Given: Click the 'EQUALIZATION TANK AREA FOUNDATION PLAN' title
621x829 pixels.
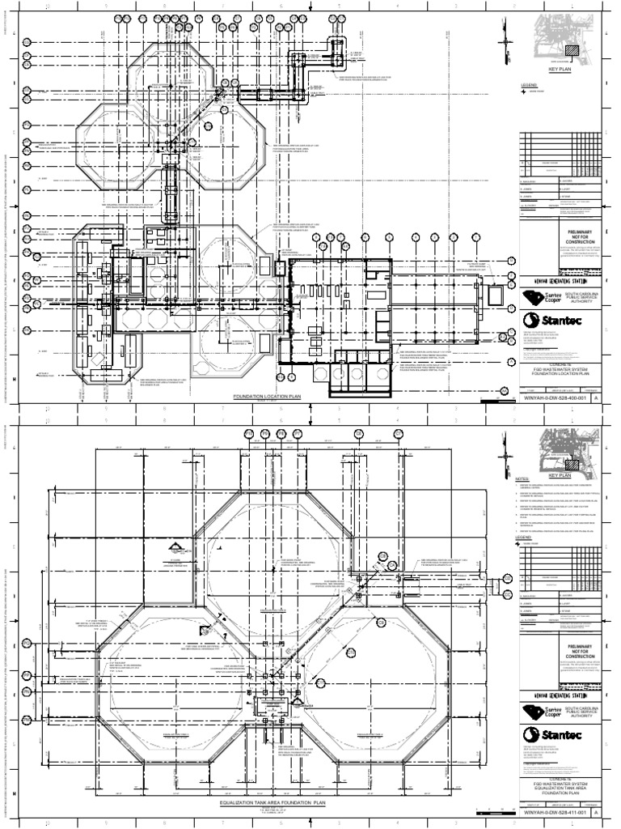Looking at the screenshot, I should point(272,802).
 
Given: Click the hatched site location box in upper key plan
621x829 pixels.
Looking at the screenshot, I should point(572,49).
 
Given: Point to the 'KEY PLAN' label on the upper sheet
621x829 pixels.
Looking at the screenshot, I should point(560,70).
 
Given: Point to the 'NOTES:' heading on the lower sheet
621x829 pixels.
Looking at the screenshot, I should point(526,479).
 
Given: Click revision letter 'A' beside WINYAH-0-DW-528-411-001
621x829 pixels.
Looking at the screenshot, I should point(597,811).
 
